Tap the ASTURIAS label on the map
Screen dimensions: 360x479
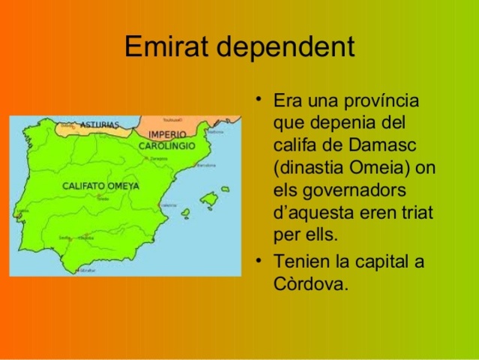(99, 124)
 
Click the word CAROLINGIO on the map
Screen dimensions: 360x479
(166, 145)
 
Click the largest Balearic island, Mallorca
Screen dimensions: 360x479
(209, 199)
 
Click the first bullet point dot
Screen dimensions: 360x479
(259, 100)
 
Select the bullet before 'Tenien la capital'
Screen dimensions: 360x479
(259, 262)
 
